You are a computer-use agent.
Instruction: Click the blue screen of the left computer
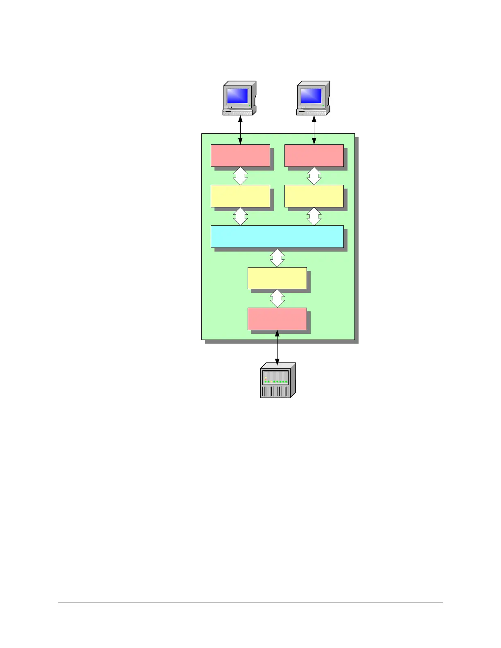237,96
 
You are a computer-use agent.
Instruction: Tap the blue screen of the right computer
311,96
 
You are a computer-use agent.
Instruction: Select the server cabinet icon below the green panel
278,381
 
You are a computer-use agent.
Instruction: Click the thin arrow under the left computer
240,130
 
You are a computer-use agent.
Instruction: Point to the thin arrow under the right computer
314,130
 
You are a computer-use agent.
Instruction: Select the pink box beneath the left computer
240,155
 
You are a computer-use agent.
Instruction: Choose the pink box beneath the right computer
314,155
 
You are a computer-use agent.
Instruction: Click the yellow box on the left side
240,196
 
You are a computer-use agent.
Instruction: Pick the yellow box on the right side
314,196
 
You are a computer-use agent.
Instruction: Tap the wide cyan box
277,236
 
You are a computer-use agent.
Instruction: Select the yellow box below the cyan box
277,278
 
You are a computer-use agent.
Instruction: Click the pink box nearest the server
277,319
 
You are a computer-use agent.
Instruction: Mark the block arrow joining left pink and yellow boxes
240,176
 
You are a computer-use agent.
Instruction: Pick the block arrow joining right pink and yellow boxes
314,176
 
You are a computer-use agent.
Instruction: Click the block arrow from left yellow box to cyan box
240,216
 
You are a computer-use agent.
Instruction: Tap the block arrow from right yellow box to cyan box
314,216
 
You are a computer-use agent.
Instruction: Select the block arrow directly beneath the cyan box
277,258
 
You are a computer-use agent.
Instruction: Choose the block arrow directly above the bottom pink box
277,299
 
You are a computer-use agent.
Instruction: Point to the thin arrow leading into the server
277,348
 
